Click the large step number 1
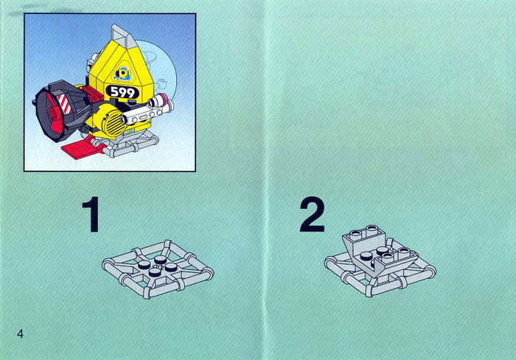(x=91, y=215)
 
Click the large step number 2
(x=312, y=215)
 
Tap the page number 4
(x=20, y=333)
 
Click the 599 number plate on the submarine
(x=122, y=92)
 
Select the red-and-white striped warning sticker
(x=65, y=104)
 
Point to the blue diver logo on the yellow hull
(x=123, y=74)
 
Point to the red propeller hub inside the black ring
(x=54, y=114)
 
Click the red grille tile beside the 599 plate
(x=93, y=93)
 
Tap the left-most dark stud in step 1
(x=144, y=264)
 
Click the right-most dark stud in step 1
(x=172, y=266)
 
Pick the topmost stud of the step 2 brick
(x=372, y=228)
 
